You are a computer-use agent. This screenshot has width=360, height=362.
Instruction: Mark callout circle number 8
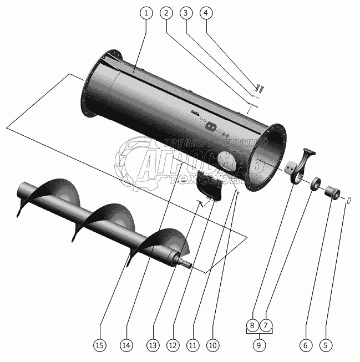pyautogui.click(x=252, y=325)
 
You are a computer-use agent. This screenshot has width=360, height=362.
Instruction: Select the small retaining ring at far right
pyautogui.click(x=348, y=200)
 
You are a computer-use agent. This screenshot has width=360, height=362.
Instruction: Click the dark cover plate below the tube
pyautogui.click(x=211, y=185)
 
